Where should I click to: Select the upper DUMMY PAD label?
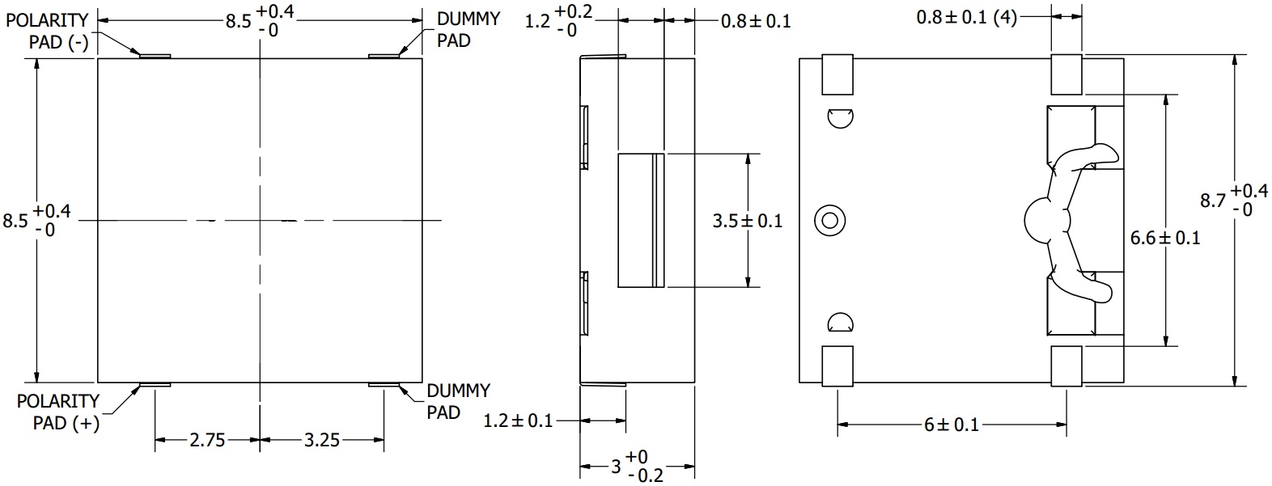469,29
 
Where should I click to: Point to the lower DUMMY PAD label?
458,401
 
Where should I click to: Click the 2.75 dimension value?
207,440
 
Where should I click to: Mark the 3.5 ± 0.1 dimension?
747,220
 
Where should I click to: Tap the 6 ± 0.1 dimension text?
952,424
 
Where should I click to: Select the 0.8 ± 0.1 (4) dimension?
966,17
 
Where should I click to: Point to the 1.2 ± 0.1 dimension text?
518,420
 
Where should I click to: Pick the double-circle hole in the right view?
830,220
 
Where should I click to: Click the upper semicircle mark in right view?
840,117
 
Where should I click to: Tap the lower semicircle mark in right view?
840,323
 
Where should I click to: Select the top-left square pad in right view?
837,74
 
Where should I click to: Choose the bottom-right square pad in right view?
1066,366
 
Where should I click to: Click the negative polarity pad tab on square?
155,56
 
